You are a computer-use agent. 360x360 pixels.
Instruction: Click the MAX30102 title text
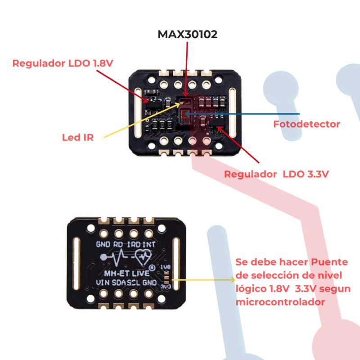[x=188, y=35]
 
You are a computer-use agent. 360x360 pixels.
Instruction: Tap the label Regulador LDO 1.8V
[x=62, y=63]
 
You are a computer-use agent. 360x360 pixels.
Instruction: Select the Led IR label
[x=78, y=137]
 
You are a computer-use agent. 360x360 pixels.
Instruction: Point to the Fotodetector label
[x=307, y=124]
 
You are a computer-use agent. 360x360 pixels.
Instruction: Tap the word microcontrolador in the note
[x=280, y=302]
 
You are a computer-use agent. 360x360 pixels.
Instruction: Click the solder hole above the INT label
[x=148, y=234]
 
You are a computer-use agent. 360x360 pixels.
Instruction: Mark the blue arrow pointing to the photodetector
[x=243, y=113]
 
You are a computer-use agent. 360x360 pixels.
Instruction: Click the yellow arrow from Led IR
[x=139, y=119]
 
